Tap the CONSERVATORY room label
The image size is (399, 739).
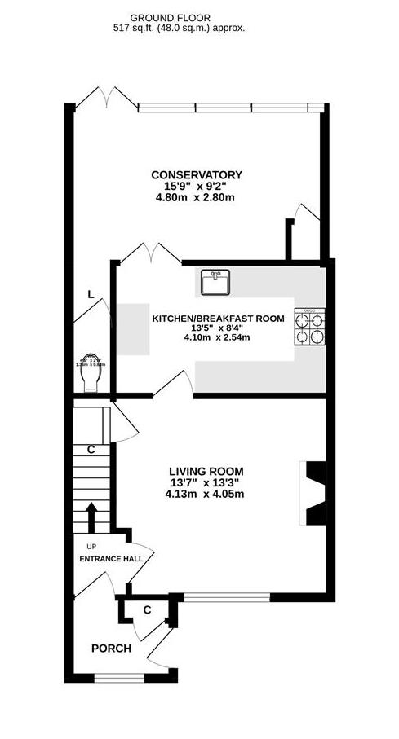pyautogui.click(x=197, y=174)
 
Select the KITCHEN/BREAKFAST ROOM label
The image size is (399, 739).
pyautogui.click(x=219, y=318)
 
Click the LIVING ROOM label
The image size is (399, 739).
pyautogui.click(x=206, y=471)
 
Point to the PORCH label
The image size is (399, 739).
pyautogui.click(x=111, y=649)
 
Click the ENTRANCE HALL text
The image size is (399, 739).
pyautogui.click(x=111, y=559)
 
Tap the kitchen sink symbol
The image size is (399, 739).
pyautogui.click(x=216, y=283)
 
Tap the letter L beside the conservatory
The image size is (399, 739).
pyautogui.click(x=90, y=295)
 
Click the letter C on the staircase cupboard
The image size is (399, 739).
pyautogui.click(x=91, y=448)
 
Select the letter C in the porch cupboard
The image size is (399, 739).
pyautogui.click(x=147, y=609)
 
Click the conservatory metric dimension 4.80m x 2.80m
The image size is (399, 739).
pyautogui.click(x=197, y=197)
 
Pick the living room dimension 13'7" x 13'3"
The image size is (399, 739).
pyautogui.click(x=206, y=482)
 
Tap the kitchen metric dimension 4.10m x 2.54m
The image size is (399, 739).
pyautogui.click(x=219, y=337)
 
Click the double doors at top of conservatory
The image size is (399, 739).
pyautogui.click(x=106, y=95)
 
